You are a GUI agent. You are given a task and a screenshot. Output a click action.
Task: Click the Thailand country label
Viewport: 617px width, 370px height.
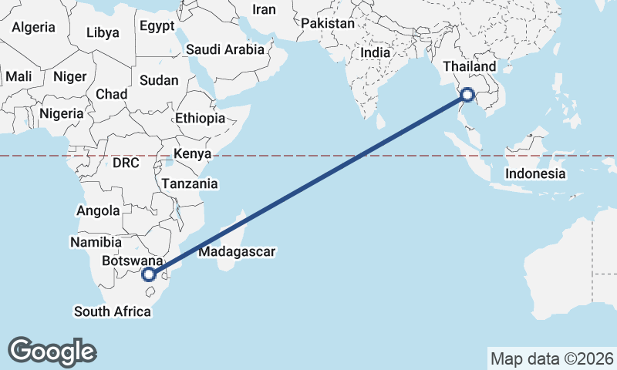point(469,67)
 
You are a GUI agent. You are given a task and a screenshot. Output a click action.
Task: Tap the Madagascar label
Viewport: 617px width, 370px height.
point(237,251)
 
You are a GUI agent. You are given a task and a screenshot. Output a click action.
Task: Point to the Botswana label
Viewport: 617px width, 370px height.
point(132,261)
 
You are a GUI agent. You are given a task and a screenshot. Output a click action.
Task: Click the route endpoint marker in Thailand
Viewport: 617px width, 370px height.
point(467,96)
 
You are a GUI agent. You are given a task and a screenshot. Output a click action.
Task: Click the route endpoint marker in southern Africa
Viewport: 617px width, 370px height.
point(150,274)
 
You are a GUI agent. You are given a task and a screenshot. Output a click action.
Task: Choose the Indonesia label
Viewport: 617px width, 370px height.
point(535,173)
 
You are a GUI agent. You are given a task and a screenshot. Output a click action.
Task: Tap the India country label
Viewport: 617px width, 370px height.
point(376,53)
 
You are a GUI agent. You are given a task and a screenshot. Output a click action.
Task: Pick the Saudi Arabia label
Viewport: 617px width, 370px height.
point(224,49)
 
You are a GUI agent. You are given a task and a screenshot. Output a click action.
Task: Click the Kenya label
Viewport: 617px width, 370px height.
point(192,153)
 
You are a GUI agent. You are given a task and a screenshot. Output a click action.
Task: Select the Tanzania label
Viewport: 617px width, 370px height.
point(189,184)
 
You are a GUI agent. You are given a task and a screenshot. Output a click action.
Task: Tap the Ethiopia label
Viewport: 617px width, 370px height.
point(200,119)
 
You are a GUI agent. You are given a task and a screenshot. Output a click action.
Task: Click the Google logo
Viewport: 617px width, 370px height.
point(52,351)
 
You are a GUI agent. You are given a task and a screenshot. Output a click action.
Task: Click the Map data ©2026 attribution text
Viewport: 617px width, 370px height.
point(551,358)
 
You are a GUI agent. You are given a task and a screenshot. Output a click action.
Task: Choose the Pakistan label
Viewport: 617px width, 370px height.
point(327,24)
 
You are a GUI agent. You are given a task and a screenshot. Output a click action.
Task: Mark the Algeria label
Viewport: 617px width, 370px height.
point(33,27)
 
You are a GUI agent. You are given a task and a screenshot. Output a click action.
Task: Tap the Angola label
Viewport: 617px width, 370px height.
point(99,210)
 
